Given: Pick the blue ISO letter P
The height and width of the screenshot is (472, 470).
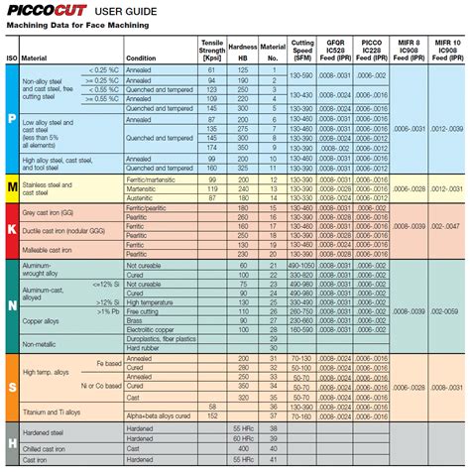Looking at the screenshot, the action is click(11, 117).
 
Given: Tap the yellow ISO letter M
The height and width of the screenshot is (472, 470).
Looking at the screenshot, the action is click(11, 187).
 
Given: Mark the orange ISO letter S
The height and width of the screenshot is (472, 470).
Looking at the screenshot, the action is click(11, 388).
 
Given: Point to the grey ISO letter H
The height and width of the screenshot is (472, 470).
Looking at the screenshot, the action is click(11, 442).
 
